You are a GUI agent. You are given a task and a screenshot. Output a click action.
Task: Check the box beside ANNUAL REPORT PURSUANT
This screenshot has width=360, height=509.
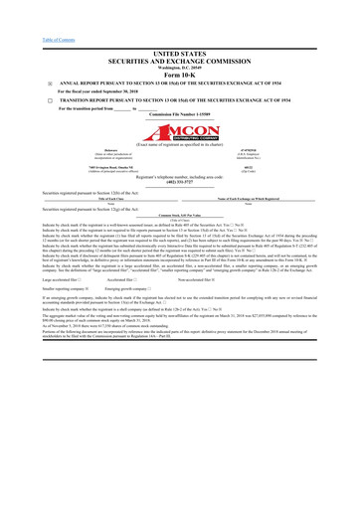tap(22, 83)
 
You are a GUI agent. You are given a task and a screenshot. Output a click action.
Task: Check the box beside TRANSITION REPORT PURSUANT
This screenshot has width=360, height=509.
tap(22, 101)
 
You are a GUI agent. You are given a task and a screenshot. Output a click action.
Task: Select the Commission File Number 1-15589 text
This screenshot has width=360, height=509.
tap(180, 116)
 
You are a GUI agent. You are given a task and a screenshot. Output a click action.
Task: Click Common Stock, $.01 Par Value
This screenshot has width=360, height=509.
tap(180, 215)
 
